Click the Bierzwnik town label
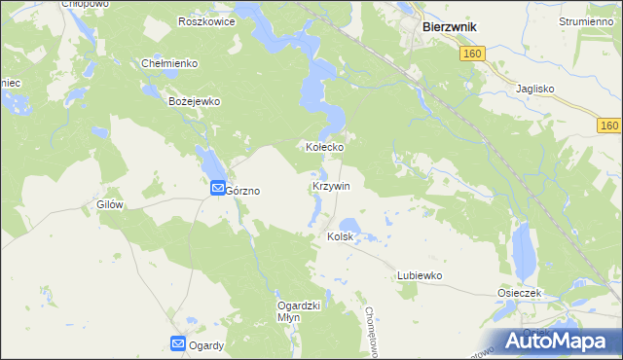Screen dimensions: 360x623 point(449,27)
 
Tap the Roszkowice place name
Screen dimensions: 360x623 point(206,21)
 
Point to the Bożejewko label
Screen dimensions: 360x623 point(196,101)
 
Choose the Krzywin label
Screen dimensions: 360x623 point(331,185)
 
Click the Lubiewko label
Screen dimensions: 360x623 point(420,275)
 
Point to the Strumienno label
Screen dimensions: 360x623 point(586,20)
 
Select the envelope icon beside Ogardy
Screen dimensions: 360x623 point(178,342)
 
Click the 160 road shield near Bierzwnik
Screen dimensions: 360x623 point(471,54)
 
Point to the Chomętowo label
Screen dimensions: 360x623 point(370,330)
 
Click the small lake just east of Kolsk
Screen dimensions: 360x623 point(350,229)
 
